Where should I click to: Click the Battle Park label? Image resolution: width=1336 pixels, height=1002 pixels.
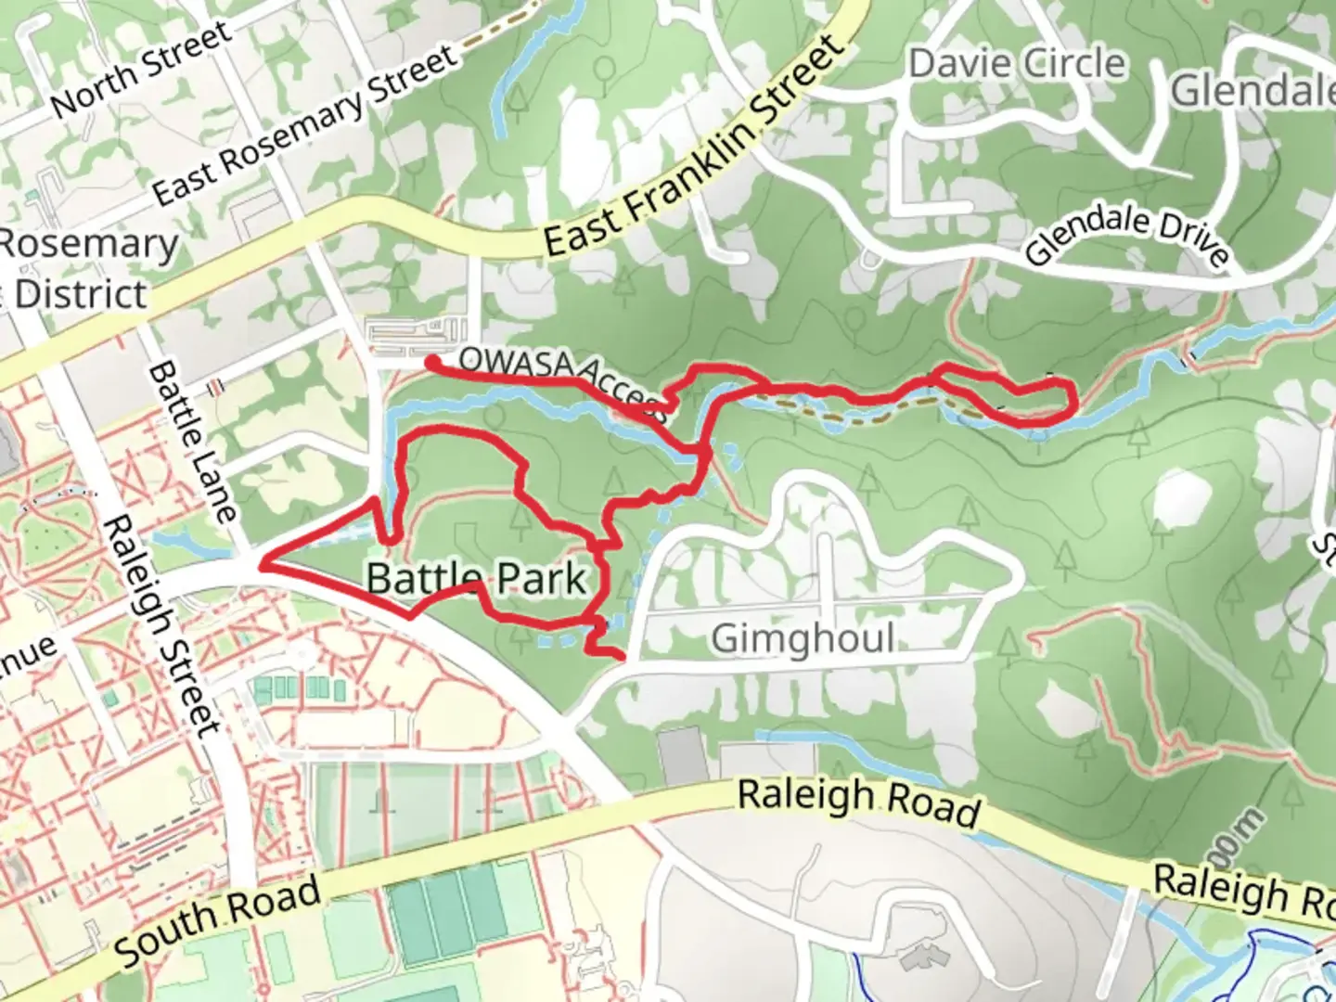(x=477, y=579)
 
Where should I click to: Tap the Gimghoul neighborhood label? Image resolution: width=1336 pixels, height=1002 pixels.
(x=803, y=639)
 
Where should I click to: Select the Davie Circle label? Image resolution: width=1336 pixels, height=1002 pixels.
(x=1017, y=64)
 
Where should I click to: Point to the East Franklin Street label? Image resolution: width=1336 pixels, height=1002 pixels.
(x=694, y=148)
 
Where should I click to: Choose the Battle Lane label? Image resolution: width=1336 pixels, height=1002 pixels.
(x=192, y=441)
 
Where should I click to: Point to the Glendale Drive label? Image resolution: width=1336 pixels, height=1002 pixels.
(x=1128, y=237)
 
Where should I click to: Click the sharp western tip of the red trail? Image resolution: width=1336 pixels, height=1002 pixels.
(x=266, y=562)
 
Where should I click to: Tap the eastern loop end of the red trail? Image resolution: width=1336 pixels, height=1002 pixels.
(x=1073, y=401)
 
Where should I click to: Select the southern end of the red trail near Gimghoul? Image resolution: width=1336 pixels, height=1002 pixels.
(x=620, y=657)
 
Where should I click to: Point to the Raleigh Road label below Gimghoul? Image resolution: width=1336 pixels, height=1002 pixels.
(x=858, y=802)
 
